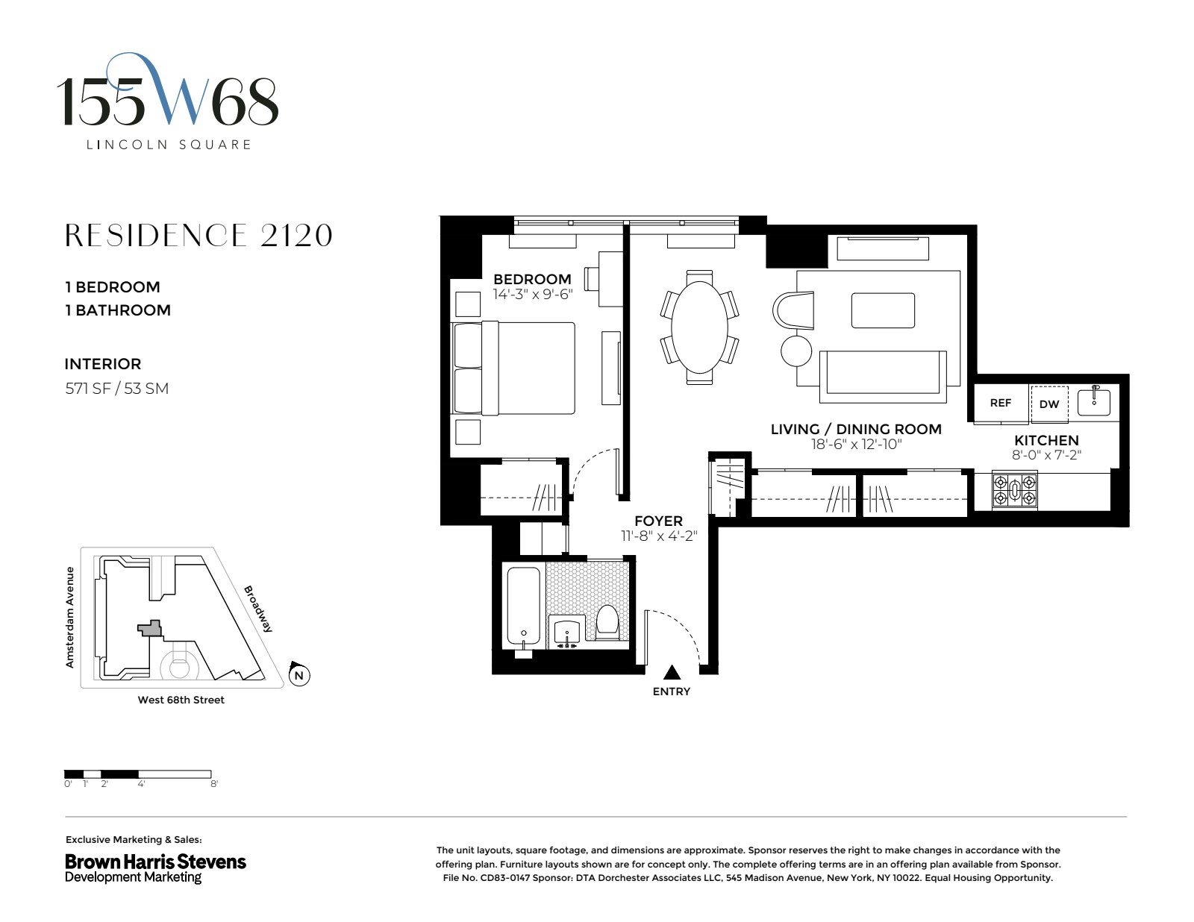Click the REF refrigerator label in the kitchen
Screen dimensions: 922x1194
tap(1000, 403)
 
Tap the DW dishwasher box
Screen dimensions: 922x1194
tap(1048, 404)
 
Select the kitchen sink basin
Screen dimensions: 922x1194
tap(1093, 402)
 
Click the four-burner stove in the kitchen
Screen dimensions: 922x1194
tap(1014, 490)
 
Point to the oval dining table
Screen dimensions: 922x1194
tap(699, 327)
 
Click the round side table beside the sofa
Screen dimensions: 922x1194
tap(796, 350)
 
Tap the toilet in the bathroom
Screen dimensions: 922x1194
tap(608, 622)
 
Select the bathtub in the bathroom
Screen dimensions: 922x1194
tap(524, 606)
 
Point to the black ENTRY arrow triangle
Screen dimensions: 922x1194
tap(672, 673)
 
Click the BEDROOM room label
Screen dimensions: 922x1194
tap(532, 279)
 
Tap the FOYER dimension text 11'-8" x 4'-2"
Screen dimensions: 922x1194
tap(658, 536)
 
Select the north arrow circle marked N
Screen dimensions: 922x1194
tap(299, 676)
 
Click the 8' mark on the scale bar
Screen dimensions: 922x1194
tap(214, 784)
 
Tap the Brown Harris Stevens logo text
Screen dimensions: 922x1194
tap(155, 862)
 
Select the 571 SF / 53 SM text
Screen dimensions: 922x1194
tap(116, 388)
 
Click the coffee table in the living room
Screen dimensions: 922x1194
tap(883, 310)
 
